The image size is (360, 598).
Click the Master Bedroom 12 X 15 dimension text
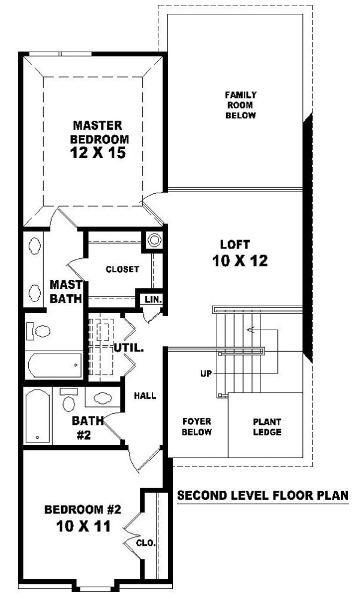[x=98, y=153]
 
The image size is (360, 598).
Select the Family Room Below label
[x=241, y=105]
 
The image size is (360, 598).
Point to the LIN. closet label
[x=153, y=300]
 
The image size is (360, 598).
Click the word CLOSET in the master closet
[x=122, y=269]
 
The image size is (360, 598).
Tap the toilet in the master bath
[x=38, y=331]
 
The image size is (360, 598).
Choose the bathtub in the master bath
[x=55, y=365]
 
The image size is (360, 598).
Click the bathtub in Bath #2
[x=37, y=415]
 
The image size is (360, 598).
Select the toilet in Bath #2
[x=68, y=400]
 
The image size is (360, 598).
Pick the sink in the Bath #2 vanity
[x=103, y=399]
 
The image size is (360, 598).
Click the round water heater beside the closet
[x=154, y=240]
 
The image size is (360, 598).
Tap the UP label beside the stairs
[x=206, y=373]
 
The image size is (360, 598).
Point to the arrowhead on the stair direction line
[x=250, y=330]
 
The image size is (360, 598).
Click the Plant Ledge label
[x=267, y=427]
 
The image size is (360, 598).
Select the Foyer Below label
[x=197, y=427]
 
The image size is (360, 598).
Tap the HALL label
[x=145, y=396]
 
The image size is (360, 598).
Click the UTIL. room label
[x=128, y=348]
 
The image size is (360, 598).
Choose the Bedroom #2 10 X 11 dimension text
[x=83, y=527]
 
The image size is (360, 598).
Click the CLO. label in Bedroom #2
[x=146, y=543]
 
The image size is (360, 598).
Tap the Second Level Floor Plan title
[x=263, y=495]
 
